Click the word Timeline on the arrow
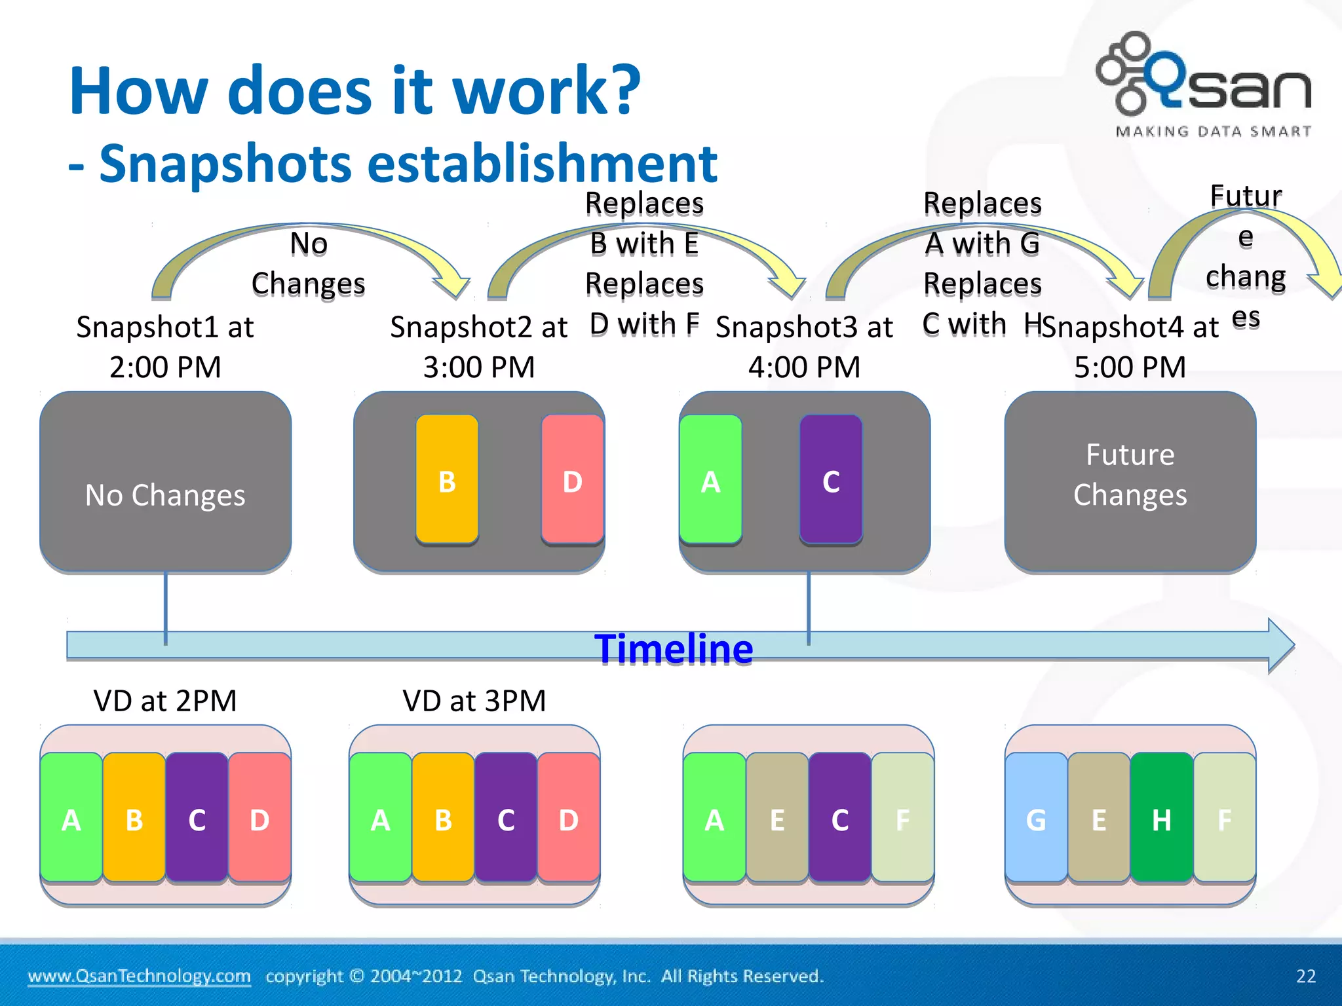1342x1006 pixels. tap(674, 649)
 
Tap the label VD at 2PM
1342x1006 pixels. tap(165, 701)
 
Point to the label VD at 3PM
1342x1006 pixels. tap(474, 701)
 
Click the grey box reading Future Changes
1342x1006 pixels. tap(1130, 481)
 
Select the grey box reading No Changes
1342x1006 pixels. tap(165, 481)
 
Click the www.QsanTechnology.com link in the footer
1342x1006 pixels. tap(139, 976)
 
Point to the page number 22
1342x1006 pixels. tap(1305, 976)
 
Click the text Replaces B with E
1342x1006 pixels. tap(644, 223)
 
